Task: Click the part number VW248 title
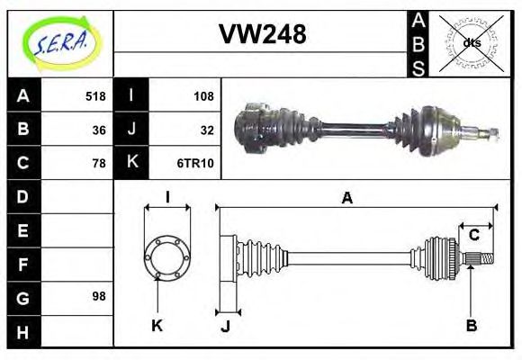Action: (x=262, y=35)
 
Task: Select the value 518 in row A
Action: (x=94, y=96)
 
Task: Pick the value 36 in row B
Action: (x=98, y=130)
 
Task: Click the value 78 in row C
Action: (x=98, y=163)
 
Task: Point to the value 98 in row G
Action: (x=98, y=296)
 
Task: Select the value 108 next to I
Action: (x=203, y=96)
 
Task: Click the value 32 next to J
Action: (x=206, y=130)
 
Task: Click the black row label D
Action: (x=22, y=196)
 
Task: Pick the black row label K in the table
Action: (x=131, y=163)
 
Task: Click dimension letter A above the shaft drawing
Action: (x=346, y=198)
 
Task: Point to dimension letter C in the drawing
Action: (x=473, y=236)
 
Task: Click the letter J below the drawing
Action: (x=225, y=326)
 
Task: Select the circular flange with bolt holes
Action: (x=167, y=257)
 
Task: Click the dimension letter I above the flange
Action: (x=167, y=198)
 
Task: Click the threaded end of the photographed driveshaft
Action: (x=492, y=135)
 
